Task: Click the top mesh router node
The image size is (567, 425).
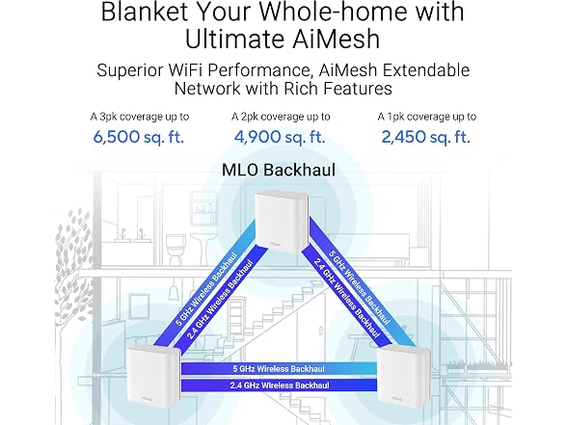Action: point(283,223)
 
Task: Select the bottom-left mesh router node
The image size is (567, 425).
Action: point(153,377)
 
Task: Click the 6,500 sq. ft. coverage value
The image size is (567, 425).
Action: point(139,137)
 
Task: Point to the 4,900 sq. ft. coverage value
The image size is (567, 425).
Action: point(280,137)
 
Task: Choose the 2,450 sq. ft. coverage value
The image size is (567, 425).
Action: point(426,137)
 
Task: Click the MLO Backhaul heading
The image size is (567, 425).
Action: point(279,170)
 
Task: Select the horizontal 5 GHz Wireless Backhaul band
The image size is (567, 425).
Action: point(279,368)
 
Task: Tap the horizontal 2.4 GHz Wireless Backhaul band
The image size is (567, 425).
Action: point(279,385)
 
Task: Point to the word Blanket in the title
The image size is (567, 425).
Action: point(145,12)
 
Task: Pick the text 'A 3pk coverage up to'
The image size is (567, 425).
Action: point(140,117)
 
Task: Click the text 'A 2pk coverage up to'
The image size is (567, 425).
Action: point(281,117)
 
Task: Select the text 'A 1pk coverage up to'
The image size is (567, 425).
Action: point(426,117)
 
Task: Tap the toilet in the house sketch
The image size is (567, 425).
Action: point(176,249)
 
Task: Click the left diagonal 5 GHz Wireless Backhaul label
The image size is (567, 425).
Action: point(206,289)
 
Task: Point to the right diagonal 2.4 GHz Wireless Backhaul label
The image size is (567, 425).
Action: point(347,298)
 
